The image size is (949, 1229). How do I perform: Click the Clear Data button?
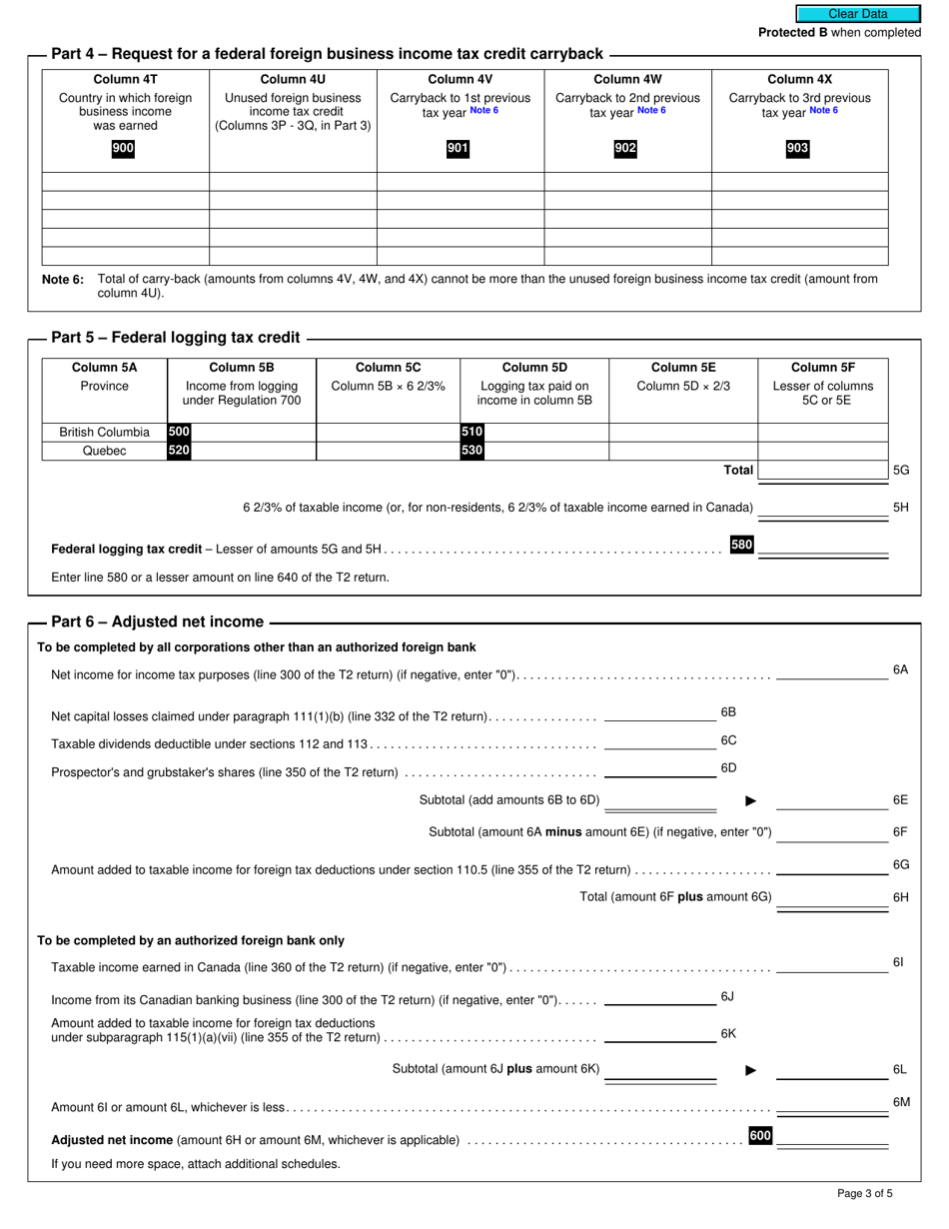point(857,14)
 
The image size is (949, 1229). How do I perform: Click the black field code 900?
point(123,149)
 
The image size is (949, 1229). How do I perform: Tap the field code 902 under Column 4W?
point(625,149)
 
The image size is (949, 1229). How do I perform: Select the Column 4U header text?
point(293,79)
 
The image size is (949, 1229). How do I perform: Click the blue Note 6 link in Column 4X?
point(823,111)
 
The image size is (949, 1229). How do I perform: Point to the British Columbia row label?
point(105,433)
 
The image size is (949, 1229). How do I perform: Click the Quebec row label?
point(105,452)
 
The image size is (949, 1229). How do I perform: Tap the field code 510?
point(472,433)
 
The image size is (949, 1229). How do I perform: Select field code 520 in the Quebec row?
point(179,452)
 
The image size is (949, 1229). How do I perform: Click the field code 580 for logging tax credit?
point(741,545)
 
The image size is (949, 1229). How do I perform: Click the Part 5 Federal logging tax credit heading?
point(175,338)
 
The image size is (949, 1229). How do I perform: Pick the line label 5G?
point(901,470)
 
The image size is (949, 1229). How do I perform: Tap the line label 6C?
point(728,740)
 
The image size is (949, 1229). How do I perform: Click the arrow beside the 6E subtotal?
point(751,801)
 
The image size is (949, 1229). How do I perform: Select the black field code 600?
point(760,1136)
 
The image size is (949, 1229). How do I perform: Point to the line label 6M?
point(901,1101)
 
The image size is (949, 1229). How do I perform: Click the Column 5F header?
point(822,368)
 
